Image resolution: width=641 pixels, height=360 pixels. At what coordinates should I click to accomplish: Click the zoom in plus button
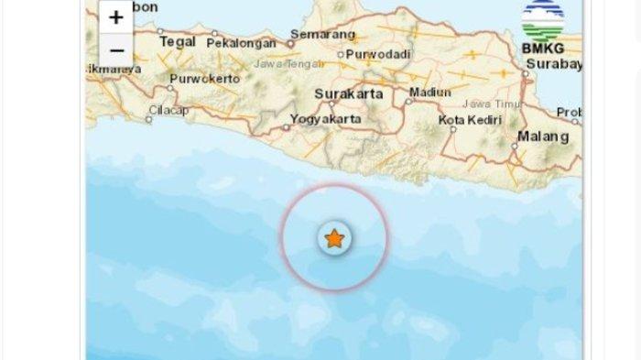116,17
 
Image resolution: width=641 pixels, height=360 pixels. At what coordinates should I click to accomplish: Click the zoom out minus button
116,49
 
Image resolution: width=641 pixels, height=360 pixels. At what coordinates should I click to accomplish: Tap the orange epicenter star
334,238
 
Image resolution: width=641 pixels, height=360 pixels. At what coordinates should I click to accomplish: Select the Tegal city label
178,41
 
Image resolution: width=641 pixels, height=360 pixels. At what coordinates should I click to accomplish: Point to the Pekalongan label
241,42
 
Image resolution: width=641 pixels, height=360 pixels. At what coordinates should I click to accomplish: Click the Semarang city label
322,35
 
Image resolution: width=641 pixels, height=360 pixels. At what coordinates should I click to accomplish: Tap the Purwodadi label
377,54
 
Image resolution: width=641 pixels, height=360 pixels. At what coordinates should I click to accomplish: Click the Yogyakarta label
325,118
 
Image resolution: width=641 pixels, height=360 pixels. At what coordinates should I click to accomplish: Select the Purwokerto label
205,79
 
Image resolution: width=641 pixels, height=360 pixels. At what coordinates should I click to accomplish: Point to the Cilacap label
168,111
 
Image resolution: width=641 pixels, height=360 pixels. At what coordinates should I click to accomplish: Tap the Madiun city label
430,93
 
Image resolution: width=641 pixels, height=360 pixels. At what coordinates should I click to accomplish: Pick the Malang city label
543,136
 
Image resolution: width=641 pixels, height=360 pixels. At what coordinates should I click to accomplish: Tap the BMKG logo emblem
541,19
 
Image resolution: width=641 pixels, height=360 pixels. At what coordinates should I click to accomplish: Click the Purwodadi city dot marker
341,54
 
